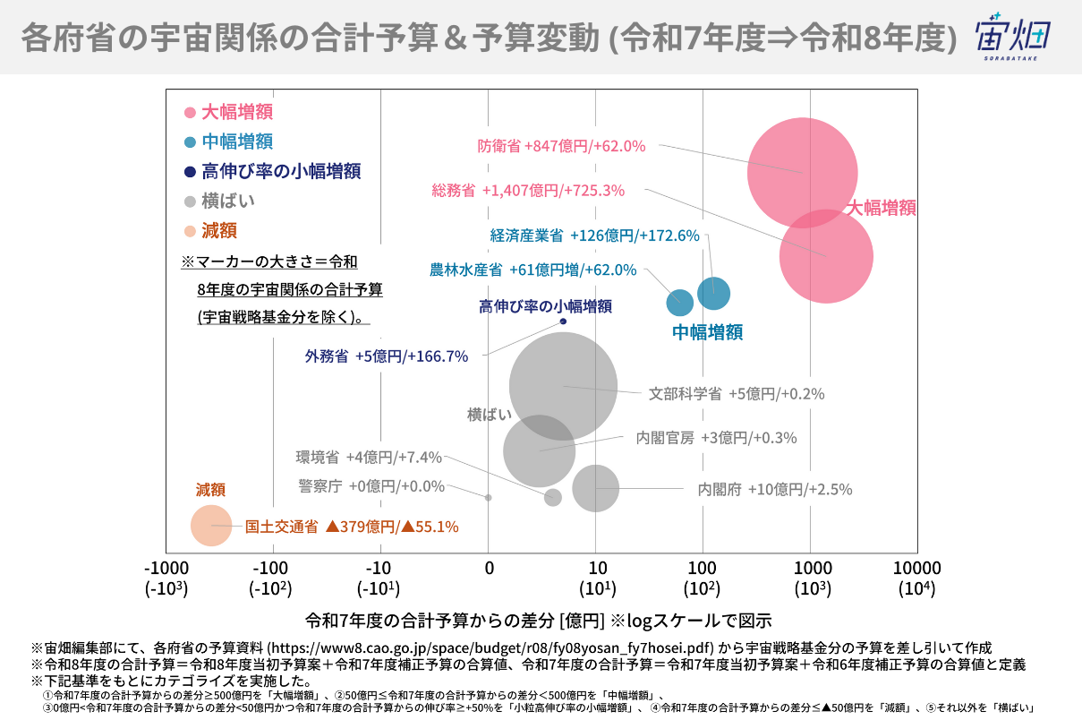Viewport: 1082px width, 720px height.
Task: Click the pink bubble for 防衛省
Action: click(x=802, y=172)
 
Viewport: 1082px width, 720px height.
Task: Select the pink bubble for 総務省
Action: click(x=826, y=256)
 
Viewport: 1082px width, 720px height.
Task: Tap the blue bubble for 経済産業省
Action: click(x=713, y=293)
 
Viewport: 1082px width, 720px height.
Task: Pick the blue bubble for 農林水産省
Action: click(x=680, y=303)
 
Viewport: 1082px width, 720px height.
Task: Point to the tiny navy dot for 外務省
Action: click(x=563, y=321)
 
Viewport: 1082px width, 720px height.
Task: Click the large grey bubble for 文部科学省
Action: click(x=564, y=386)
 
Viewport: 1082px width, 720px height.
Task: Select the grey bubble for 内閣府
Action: click(x=596, y=488)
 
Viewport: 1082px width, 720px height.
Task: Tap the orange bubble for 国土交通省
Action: click(x=211, y=525)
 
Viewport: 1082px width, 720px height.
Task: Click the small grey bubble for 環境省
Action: click(x=553, y=497)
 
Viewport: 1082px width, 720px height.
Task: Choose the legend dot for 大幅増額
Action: click(x=190, y=112)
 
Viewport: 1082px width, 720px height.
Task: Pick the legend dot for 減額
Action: click(x=190, y=231)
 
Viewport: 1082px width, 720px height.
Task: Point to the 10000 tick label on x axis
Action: click(x=916, y=568)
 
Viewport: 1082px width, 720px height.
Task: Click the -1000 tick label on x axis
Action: click(x=166, y=568)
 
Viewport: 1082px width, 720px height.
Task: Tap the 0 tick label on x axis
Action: click(x=489, y=568)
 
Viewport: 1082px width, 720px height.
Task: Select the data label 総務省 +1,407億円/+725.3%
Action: click(x=528, y=190)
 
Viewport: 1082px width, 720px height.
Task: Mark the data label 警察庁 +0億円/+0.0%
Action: click(x=371, y=485)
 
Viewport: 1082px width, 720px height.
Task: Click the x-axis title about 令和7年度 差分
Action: click(x=538, y=620)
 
